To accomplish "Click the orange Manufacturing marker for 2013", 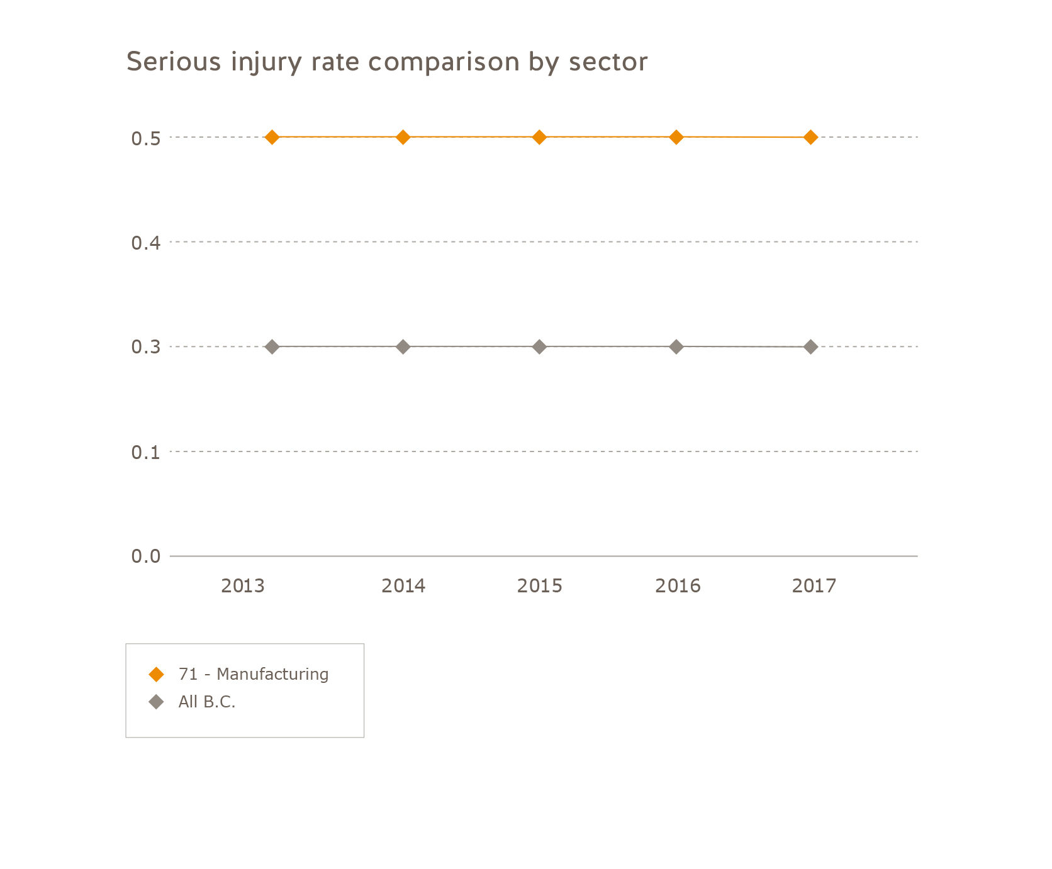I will pos(272,137).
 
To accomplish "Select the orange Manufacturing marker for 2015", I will pos(539,137).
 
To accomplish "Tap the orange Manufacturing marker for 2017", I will pos(811,137).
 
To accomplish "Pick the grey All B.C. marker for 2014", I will pos(403,346).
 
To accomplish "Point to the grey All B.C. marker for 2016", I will pos(676,346).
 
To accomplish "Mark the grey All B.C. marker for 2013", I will pos(272,346).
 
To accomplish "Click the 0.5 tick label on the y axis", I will pos(146,138).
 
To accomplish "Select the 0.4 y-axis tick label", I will pos(146,243).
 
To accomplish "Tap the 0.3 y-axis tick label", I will pos(146,347).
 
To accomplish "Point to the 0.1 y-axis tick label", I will pos(146,452).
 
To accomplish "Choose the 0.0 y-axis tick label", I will pos(146,556).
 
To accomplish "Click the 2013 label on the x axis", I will pos(243,586).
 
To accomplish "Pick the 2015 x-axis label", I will pos(540,586).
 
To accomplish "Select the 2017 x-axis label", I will pos(814,586).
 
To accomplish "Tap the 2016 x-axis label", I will pos(678,586).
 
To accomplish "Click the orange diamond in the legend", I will pos(156,675).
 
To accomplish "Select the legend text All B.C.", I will pos(206,702).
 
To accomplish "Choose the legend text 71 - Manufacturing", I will pos(253,675).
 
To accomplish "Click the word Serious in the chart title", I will pos(174,62).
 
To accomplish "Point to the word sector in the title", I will pos(608,62).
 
